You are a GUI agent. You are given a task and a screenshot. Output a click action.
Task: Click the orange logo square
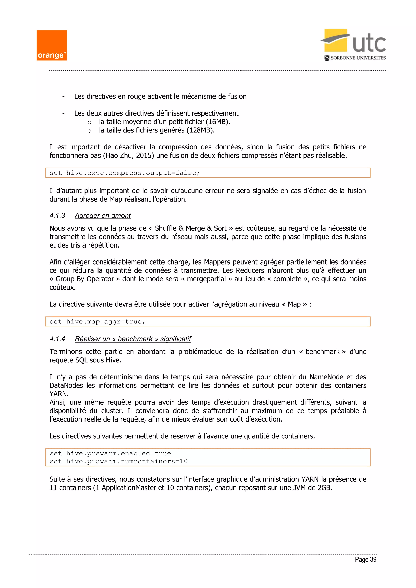[x=51, y=45]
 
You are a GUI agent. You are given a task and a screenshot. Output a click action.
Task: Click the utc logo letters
[x=369, y=43]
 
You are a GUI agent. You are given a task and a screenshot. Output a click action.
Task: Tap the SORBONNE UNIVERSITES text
[x=358, y=58]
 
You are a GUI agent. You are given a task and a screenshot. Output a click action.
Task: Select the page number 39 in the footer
[x=373, y=560]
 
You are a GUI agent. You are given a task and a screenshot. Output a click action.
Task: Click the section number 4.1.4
[x=57, y=339]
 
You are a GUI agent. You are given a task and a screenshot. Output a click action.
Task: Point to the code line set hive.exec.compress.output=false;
[x=125, y=173]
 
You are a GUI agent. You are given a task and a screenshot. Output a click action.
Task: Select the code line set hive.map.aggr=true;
[x=97, y=322]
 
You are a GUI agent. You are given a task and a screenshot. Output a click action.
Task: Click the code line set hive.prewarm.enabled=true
[x=110, y=454]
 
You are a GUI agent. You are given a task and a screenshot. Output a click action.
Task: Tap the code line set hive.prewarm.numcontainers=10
[x=119, y=462]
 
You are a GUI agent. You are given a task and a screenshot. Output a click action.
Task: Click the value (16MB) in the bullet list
[x=218, y=122]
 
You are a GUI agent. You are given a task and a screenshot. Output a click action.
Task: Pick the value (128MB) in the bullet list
[x=200, y=130]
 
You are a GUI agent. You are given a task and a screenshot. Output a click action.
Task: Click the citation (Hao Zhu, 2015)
[x=128, y=156]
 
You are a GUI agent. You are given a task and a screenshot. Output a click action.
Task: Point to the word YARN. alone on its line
[x=59, y=394]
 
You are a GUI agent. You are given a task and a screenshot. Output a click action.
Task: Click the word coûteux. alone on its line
[x=63, y=287]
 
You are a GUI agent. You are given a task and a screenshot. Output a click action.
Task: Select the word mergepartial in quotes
[x=206, y=279]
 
